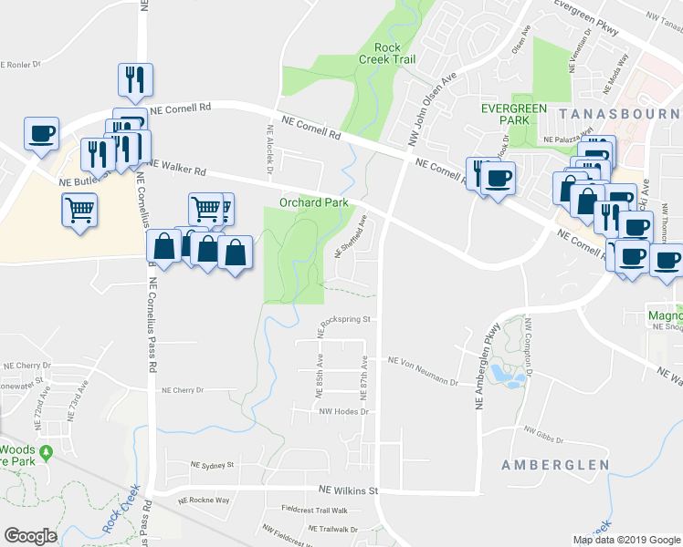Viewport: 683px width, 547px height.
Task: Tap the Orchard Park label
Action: pyautogui.click(x=313, y=202)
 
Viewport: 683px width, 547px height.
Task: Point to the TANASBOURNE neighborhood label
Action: pyautogui.click(x=621, y=113)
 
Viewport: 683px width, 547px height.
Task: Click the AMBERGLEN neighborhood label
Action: pyautogui.click(x=555, y=465)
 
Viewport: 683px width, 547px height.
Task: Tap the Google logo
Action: pyautogui.click(x=30, y=536)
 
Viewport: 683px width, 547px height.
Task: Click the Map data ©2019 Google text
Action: pyautogui.click(x=625, y=540)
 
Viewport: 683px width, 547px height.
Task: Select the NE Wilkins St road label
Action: pyautogui.click(x=348, y=490)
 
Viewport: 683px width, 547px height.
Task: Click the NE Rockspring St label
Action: pyautogui.click(x=345, y=320)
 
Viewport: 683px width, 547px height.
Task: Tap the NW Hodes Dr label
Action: pyautogui.click(x=342, y=411)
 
